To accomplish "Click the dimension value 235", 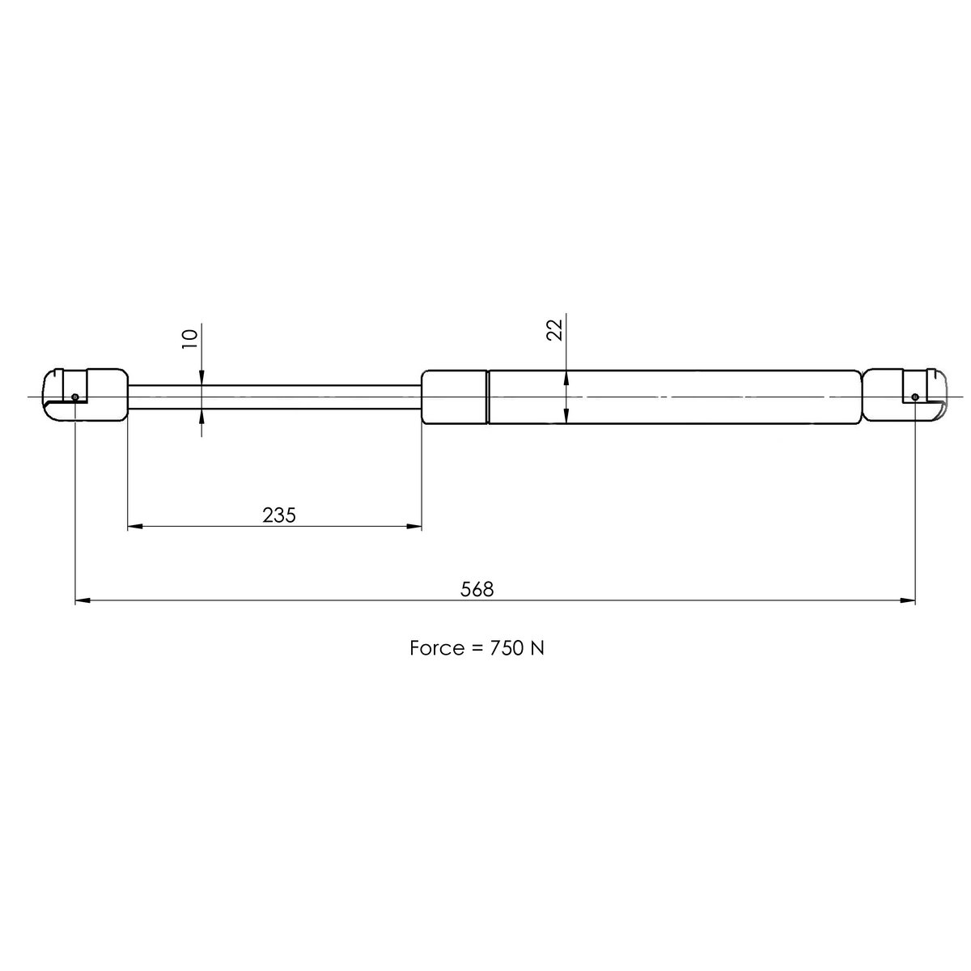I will point(279,515).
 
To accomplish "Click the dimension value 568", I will point(477,589).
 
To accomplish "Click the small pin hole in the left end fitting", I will point(74,397).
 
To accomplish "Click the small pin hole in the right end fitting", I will point(914,397).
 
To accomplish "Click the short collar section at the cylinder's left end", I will point(454,396).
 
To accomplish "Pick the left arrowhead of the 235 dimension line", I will point(136,527).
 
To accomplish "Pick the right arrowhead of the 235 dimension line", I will point(414,527).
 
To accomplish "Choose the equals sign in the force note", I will point(474,649).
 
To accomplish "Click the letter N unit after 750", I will point(537,648).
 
